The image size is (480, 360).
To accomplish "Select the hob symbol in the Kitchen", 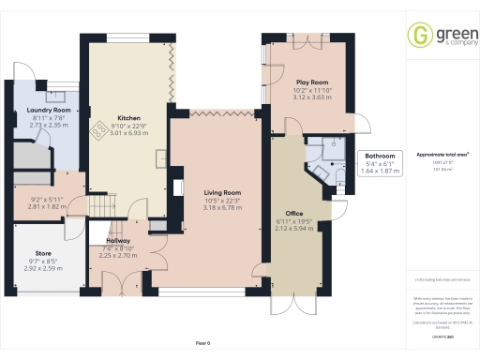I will (x=97, y=131).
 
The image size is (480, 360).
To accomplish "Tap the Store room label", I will (x=43, y=252).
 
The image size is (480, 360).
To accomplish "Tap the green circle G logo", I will (x=418, y=35).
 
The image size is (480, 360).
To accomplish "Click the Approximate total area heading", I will (x=442, y=154).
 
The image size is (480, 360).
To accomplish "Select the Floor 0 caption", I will (x=202, y=343).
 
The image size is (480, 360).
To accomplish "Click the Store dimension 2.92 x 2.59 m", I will (x=43, y=267).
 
